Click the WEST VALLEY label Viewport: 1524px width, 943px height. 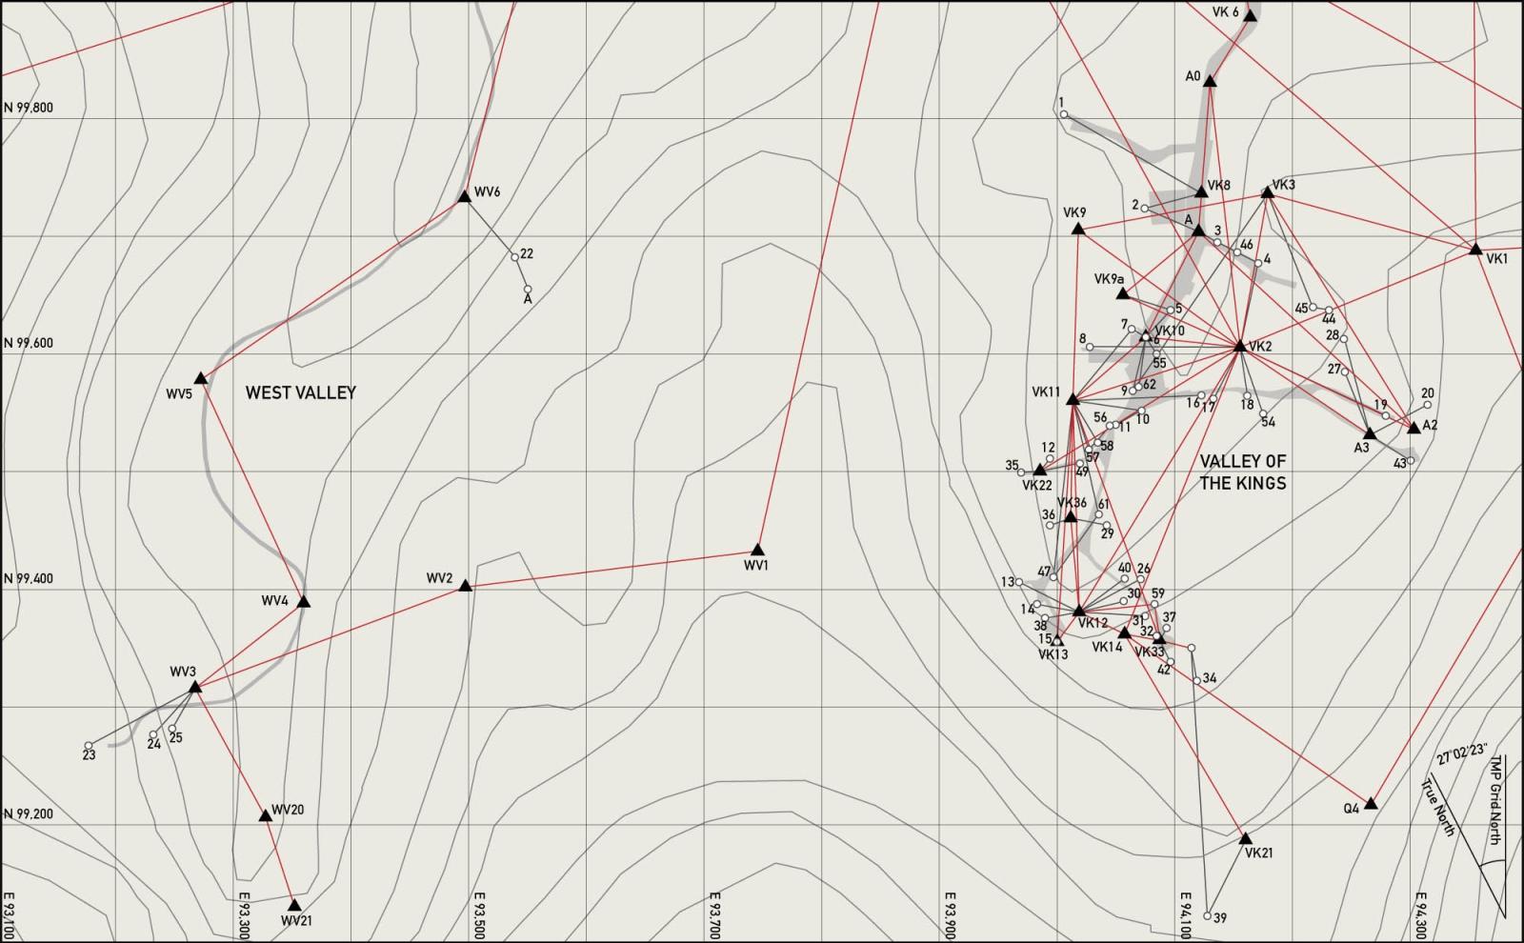click(x=300, y=392)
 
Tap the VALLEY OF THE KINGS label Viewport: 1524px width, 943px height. click(x=1242, y=472)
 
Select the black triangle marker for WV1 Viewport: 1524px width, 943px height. click(x=757, y=550)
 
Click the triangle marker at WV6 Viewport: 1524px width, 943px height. click(x=464, y=196)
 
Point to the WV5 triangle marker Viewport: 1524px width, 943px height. click(x=201, y=378)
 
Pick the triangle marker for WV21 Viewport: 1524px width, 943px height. click(x=293, y=905)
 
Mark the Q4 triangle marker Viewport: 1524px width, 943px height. click(x=1371, y=804)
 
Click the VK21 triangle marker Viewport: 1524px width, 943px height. click(x=1246, y=838)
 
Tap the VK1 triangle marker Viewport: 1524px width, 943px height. click(x=1475, y=249)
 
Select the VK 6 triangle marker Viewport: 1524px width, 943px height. click(x=1251, y=16)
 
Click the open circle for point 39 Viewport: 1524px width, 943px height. click(x=1208, y=916)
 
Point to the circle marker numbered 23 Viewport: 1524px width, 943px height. click(x=89, y=746)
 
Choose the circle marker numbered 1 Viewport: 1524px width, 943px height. click(x=1064, y=114)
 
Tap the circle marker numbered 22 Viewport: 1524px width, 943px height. click(x=514, y=257)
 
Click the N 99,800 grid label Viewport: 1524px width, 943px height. click(x=29, y=108)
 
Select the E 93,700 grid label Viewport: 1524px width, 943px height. click(x=713, y=915)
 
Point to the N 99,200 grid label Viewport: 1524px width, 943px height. click(x=29, y=814)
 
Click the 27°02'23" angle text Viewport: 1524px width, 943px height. click(x=1462, y=754)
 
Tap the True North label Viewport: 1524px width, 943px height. click(x=1438, y=808)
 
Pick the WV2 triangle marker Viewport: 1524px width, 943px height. click(x=465, y=586)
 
